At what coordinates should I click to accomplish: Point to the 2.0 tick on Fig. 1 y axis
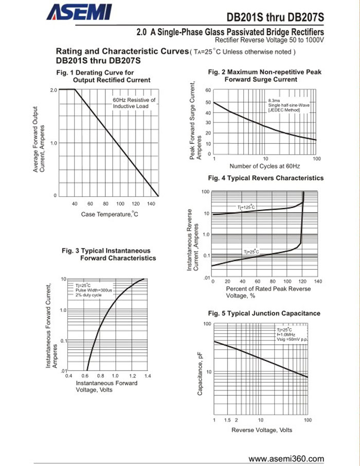pos(53,90)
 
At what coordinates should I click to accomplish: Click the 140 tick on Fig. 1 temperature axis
pos(151,204)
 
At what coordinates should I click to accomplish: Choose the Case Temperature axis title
pos(110,214)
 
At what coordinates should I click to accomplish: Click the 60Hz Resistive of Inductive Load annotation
pos(134,103)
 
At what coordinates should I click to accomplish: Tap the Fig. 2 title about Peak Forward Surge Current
pos(265,76)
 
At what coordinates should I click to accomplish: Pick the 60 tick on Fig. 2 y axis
pos(208,90)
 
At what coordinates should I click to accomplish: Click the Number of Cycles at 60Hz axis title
pos(265,166)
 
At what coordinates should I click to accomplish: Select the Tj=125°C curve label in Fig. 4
pos(247,207)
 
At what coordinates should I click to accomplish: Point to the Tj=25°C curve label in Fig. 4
pos(251,251)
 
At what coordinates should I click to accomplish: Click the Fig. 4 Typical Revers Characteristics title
pos(265,178)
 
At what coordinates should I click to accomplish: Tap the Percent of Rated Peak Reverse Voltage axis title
pos(268,292)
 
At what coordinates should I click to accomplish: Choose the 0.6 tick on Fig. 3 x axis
pos(85,376)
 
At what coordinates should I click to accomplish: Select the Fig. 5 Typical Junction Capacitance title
pos(264,313)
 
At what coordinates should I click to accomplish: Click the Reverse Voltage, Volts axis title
pos(262,430)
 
